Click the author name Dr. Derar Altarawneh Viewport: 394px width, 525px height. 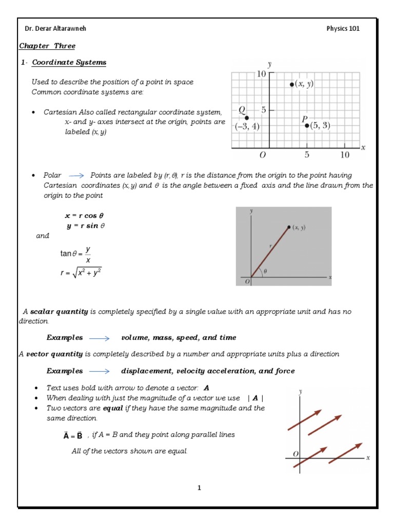tap(55, 28)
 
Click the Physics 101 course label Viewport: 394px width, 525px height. tap(343, 28)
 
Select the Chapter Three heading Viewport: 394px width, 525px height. tap(47, 46)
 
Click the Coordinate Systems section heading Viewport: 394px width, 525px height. tap(69, 63)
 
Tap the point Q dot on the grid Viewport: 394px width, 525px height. tap(247, 118)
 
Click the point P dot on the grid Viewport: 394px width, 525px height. tap(307, 125)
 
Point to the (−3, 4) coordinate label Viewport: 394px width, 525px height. tap(247, 127)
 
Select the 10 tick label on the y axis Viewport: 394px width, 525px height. tap(261, 74)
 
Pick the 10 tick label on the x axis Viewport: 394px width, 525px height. tap(344, 154)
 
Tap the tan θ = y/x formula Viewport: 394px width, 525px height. tap(76, 254)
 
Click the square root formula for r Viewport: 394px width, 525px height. tap(81, 273)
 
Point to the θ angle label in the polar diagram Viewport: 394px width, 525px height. tap(265, 271)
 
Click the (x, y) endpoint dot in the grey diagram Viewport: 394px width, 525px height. tap(289, 227)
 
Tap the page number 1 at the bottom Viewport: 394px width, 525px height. tap(199, 488)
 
